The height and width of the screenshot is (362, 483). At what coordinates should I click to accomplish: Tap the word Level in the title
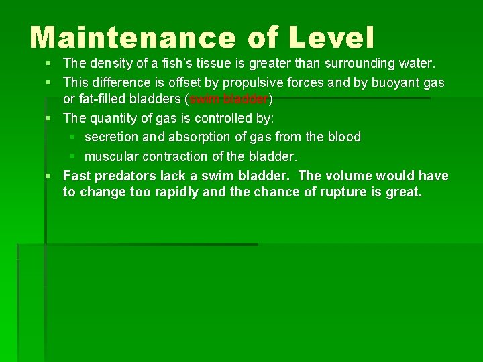pos(331,38)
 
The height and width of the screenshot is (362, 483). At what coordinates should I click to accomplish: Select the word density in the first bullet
pos(111,64)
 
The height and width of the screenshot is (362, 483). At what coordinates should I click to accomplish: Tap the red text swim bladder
pos(229,99)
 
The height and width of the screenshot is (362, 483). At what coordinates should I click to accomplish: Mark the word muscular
pos(111,156)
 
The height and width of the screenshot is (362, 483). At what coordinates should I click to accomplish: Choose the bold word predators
pos(126,176)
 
